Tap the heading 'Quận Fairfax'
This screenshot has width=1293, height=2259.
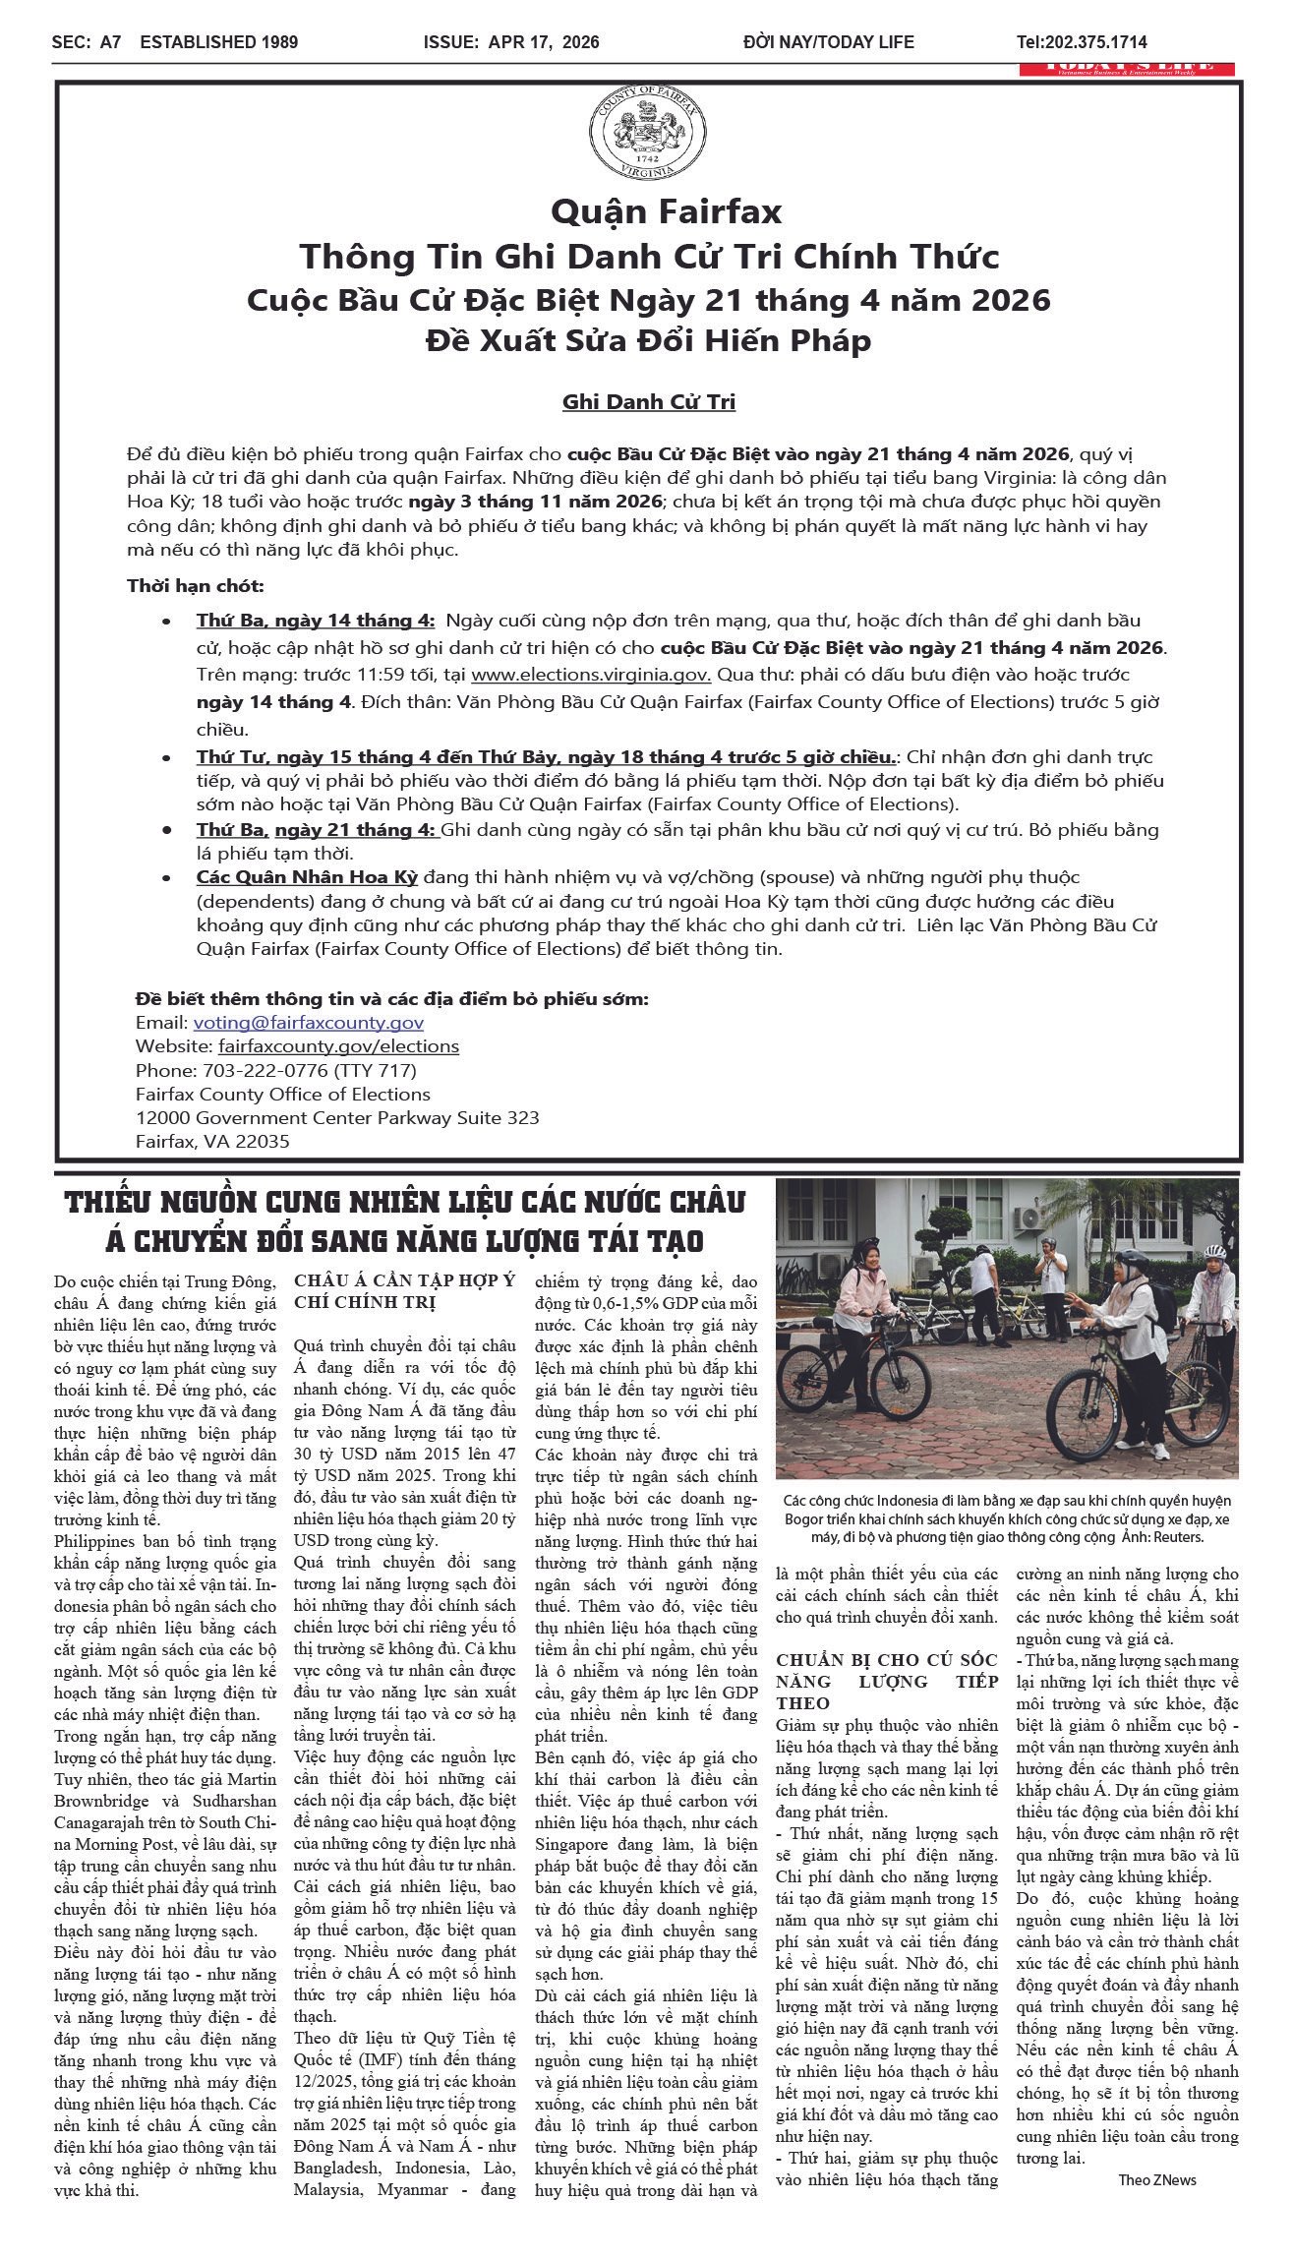(666, 211)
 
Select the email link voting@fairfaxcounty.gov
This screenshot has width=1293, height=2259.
(308, 1023)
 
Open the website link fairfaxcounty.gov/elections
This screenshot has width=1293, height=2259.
(338, 1046)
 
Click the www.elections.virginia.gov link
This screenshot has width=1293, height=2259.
(590, 676)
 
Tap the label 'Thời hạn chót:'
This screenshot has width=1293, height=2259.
(195, 587)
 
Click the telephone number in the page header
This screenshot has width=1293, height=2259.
(1082, 42)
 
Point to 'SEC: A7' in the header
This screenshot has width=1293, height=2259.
(87, 42)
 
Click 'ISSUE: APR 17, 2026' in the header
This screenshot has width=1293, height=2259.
(511, 42)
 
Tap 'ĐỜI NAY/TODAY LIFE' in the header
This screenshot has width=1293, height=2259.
(829, 42)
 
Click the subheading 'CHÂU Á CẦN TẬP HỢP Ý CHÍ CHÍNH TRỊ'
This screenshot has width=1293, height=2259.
(404, 1291)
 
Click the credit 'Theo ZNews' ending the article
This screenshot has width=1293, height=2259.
(1157, 2180)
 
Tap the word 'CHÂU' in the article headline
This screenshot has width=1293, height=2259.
(702, 1203)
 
